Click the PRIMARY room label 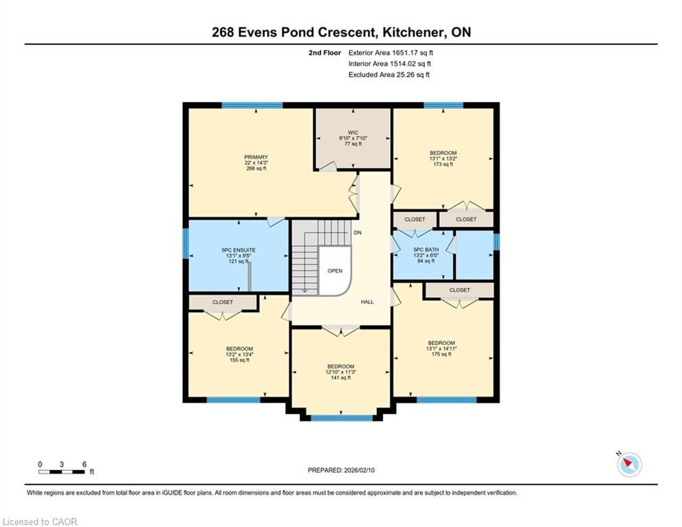coord(256,157)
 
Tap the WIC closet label coord(353,132)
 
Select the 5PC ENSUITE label coord(239,250)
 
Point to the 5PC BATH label coord(426,250)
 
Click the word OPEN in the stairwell coord(335,271)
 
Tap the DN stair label coord(358,233)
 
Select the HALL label coord(367,302)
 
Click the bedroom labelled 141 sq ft coord(341,372)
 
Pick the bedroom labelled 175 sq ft coord(441,349)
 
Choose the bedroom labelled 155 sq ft coord(240,355)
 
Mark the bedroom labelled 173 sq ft coord(443,159)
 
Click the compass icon coord(629,465)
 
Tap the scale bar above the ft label coord(62,471)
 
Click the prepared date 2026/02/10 coord(359,470)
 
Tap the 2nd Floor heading coord(325,53)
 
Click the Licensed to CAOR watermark coord(40,522)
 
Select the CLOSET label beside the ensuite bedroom coord(223,302)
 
